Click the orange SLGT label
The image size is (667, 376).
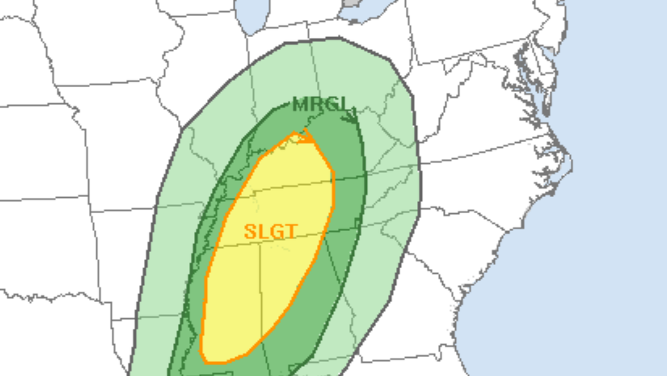click(271, 231)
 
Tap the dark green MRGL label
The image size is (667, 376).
click(322, 104)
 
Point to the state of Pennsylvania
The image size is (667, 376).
click(472, 33)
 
